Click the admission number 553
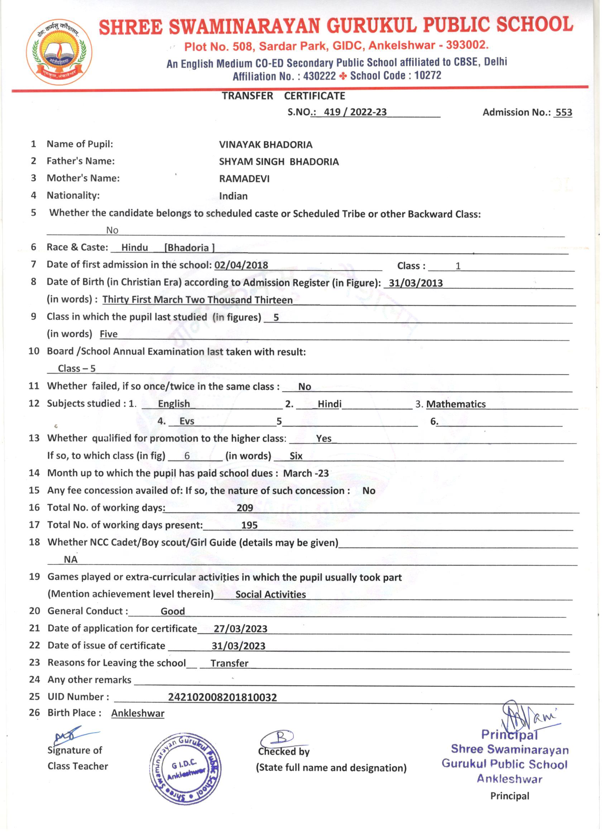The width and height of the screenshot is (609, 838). pyautogui.click(x=563, y=112)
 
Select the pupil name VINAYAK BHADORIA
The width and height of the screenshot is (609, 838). pyautogui.click(x=265, y=144)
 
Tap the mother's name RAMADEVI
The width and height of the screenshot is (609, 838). pyautogui.click(x=244, y=179)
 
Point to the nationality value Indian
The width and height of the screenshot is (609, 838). pyautogui.click(x=233, y=196)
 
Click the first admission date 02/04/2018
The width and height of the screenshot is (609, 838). pyautogui.click(x=241, y=265)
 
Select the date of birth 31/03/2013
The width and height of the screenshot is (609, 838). pyautogui.click(x=416, y=283)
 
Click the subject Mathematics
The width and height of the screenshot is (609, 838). pyautogui.click(x=456, y=404)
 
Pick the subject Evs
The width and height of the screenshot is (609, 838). pyautogui.click(x=187, y=421)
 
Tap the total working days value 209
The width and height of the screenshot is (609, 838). pyautogui.click(x=245, y=508)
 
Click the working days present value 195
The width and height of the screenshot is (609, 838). pyautogui.click(x=249, y=525)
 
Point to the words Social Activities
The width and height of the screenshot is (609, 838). pyautogui.click(x=271, y=594)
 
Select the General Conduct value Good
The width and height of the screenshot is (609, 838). pyautogui.click(x=172, y=611)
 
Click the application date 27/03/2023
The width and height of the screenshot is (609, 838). pyautogui.click(x=240, y=629)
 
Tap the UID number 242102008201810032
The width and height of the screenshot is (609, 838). pyautogui.click(x=222, y=697)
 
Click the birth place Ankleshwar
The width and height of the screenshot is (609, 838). pyautogui.click(x=138, y=713)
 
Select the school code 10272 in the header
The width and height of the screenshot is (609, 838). pyautogui.click(x=428, y=75)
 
